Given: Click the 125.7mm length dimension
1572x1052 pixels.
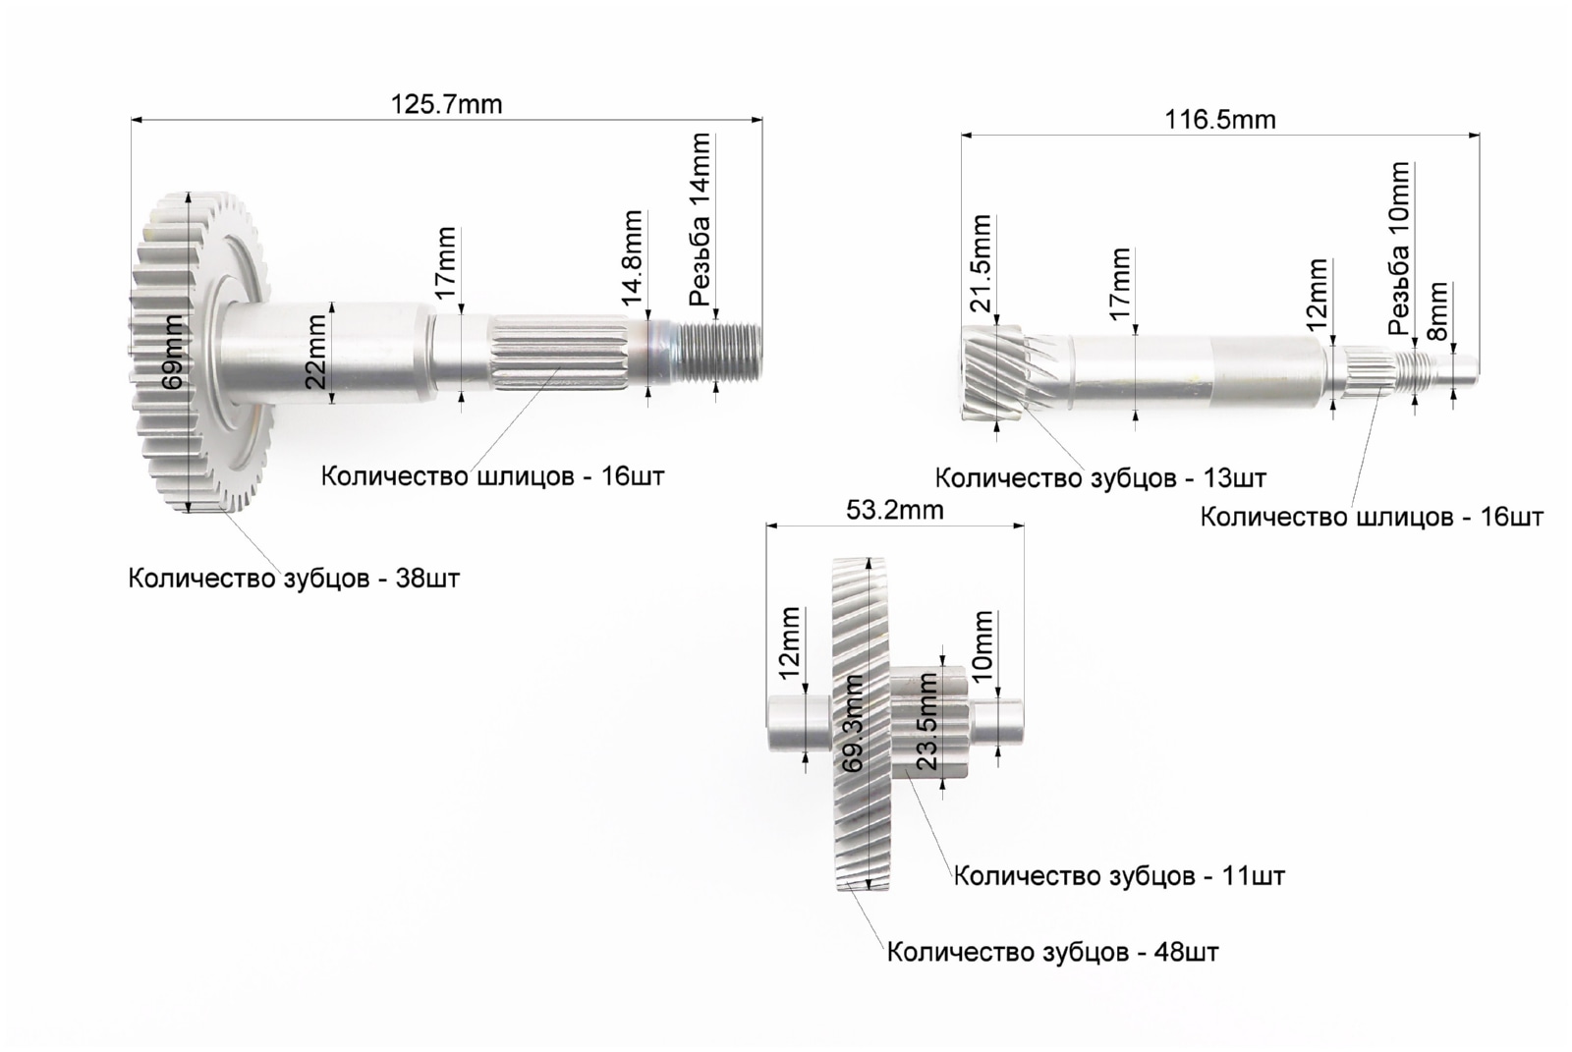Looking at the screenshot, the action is (x=446, y=105).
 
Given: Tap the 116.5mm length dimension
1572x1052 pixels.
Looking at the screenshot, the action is (x=1220, y=120).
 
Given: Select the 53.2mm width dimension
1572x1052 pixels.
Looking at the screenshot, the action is (x=895, y=510).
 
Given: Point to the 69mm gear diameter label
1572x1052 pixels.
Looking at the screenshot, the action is (x=173, y=353).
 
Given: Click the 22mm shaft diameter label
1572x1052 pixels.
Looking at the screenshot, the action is (x=317, y=352).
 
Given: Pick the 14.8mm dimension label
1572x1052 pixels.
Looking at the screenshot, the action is (x=633, y=257).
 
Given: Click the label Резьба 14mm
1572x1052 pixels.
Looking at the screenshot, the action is (x=700, y=220).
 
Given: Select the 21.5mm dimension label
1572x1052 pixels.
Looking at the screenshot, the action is (x=981, y=263).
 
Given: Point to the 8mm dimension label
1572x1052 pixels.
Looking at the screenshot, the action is (x=1438, y=311).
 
